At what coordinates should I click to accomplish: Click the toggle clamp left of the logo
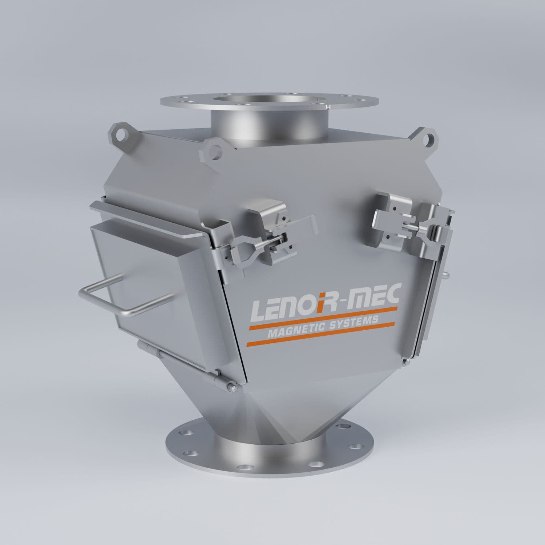click(x=254, y=242)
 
